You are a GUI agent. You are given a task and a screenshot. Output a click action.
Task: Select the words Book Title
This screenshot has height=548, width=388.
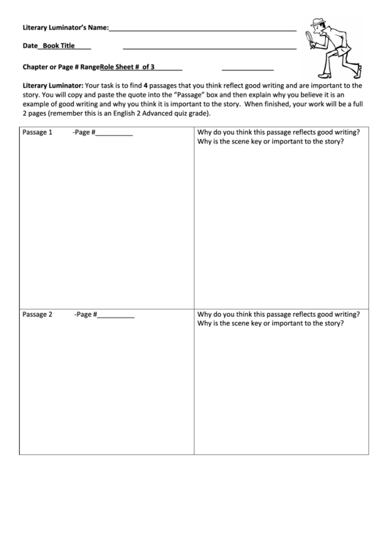pos(59,46)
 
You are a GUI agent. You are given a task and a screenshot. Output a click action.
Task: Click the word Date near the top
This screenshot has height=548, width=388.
pos(30,46)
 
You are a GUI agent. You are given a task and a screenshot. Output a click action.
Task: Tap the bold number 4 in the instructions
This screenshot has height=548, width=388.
pos(146,85)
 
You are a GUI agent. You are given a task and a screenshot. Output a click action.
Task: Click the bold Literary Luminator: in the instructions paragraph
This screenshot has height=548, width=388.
pos(53,85)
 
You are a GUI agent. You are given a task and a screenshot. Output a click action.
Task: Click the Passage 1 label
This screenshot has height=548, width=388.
pos(37,132)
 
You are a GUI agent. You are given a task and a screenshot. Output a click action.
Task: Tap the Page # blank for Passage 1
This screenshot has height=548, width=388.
pos(115,134)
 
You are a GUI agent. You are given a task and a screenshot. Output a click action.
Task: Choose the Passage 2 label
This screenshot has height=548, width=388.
pos(37,315)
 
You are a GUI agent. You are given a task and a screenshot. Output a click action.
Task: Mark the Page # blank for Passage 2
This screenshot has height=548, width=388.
pos(116,316)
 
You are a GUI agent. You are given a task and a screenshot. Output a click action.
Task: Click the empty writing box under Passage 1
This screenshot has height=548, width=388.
pos(106,219)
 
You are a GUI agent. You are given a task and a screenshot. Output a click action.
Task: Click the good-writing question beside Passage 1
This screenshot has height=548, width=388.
pos(278,132)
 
